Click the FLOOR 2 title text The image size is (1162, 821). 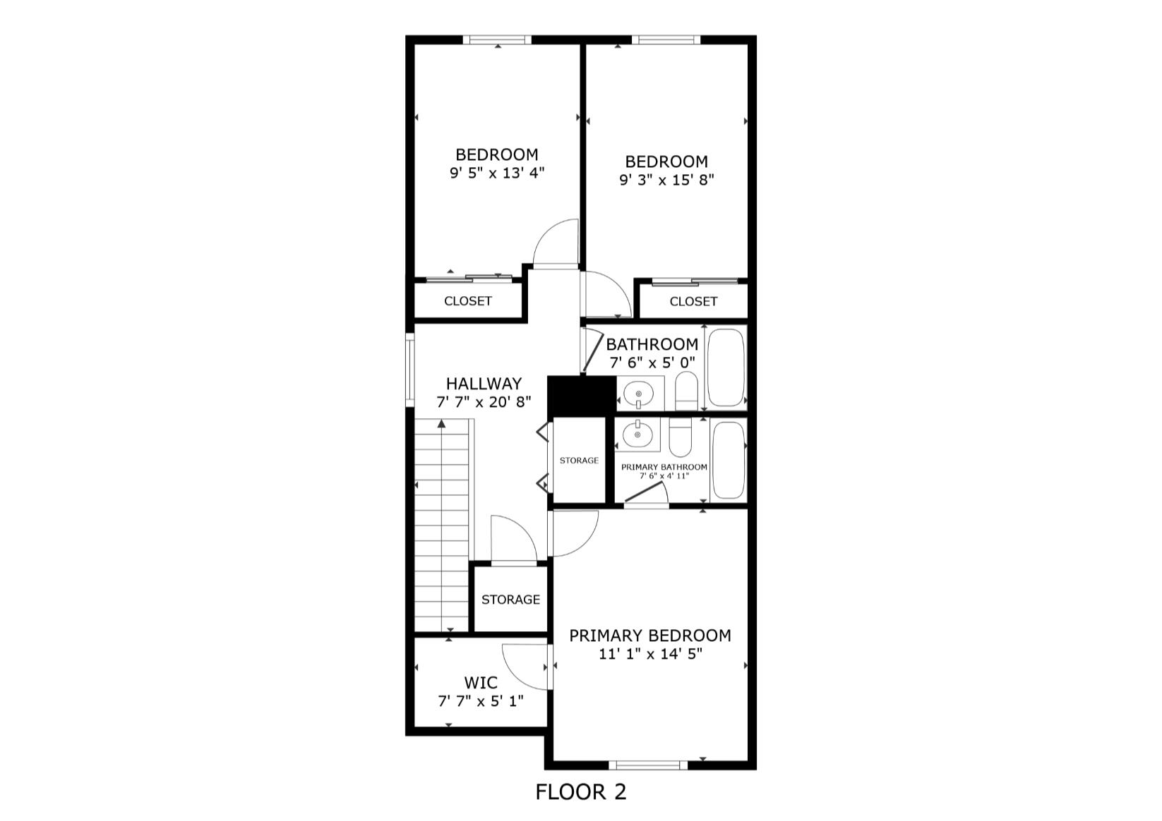[580, 791]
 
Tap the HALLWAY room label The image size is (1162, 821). [484, 384]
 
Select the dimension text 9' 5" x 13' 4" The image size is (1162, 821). [497, 173]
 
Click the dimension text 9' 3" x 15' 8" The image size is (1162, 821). [666, 180]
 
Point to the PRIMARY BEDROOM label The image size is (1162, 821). [649, 635]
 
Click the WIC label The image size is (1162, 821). [480, 683]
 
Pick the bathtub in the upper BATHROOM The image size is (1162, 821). [726, 367]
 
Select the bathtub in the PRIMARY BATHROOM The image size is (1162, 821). [729, 460]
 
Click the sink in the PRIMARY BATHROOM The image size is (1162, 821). [637, 434]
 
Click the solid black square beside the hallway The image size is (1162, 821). [582, 396]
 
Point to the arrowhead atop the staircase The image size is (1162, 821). [441, 424]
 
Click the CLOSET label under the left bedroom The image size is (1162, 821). [467, 301]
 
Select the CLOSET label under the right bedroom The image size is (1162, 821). [693, 302]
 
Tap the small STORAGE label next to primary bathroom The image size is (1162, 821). [579, 461]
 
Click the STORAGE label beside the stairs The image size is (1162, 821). [510, 600]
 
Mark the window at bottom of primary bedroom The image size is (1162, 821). [647, 765]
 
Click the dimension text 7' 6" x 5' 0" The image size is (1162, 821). [652, 363]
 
